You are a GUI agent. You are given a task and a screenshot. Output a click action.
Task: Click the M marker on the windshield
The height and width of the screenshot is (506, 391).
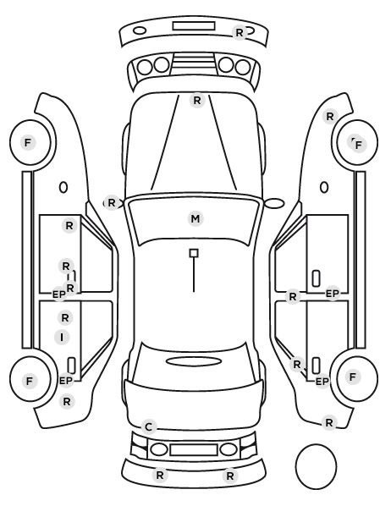pyautogui.click(x=195, y=219)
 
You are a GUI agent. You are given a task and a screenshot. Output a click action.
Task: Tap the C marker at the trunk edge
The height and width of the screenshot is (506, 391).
pyautogui.click(x=148, y=427)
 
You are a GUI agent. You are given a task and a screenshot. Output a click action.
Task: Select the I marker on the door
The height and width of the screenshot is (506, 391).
pyautogui.click(x=62, y=338)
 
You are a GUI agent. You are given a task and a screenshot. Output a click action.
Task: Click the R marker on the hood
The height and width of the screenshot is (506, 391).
pyautogui.click(x=197, y=101)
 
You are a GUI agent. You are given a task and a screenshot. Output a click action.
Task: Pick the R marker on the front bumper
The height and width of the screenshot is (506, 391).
pyautogui.click(x=240, y=33)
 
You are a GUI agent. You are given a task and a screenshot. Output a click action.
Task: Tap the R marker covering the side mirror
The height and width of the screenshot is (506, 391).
pyautogui.click(x=112, y=203)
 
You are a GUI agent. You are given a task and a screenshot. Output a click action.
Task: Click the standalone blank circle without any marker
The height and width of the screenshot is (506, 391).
pyautogui.click(x=316, y=466)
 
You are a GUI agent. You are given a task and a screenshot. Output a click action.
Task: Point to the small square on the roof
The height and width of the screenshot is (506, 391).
pyautogui.click(x=194, y=253)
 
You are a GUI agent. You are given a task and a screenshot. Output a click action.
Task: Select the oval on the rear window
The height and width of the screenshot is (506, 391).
pyautogui.click(x=194, y=361)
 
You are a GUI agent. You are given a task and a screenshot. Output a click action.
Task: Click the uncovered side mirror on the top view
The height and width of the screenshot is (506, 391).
pyautogui.click(x=274, y=203)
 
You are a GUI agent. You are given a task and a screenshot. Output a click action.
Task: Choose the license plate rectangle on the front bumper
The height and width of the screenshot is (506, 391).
pyautogui.click(x=194, y=26)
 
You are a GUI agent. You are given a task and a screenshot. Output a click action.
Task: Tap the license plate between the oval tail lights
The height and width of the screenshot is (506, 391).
pyautogui.click(x=194, y=449)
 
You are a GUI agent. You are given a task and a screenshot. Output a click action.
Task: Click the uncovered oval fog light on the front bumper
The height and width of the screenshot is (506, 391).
pyautogui.click(x=140, y=31)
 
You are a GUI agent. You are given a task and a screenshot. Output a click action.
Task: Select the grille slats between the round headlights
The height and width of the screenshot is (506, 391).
pyautogui.click(x=194, y=64)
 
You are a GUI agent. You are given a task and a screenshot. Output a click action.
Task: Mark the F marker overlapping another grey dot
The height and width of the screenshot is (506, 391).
pyautogui.click(x=358, y=146)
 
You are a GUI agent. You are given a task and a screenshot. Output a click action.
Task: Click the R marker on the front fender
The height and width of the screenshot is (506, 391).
pyautogui.click(x=330, y=116)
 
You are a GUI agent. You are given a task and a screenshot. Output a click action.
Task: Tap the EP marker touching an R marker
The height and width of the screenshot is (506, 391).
pyautogui.click(x=58, y=294)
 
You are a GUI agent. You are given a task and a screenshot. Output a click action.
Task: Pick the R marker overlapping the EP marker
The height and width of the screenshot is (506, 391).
pyautogui.click(x=70, y=288)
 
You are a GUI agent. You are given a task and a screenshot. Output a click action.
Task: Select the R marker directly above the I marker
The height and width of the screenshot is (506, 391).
pyautogui.click(x=65, y=318)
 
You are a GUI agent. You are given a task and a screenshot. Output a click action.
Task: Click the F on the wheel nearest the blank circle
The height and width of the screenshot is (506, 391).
pyautogui.click(x=353, y=377)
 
